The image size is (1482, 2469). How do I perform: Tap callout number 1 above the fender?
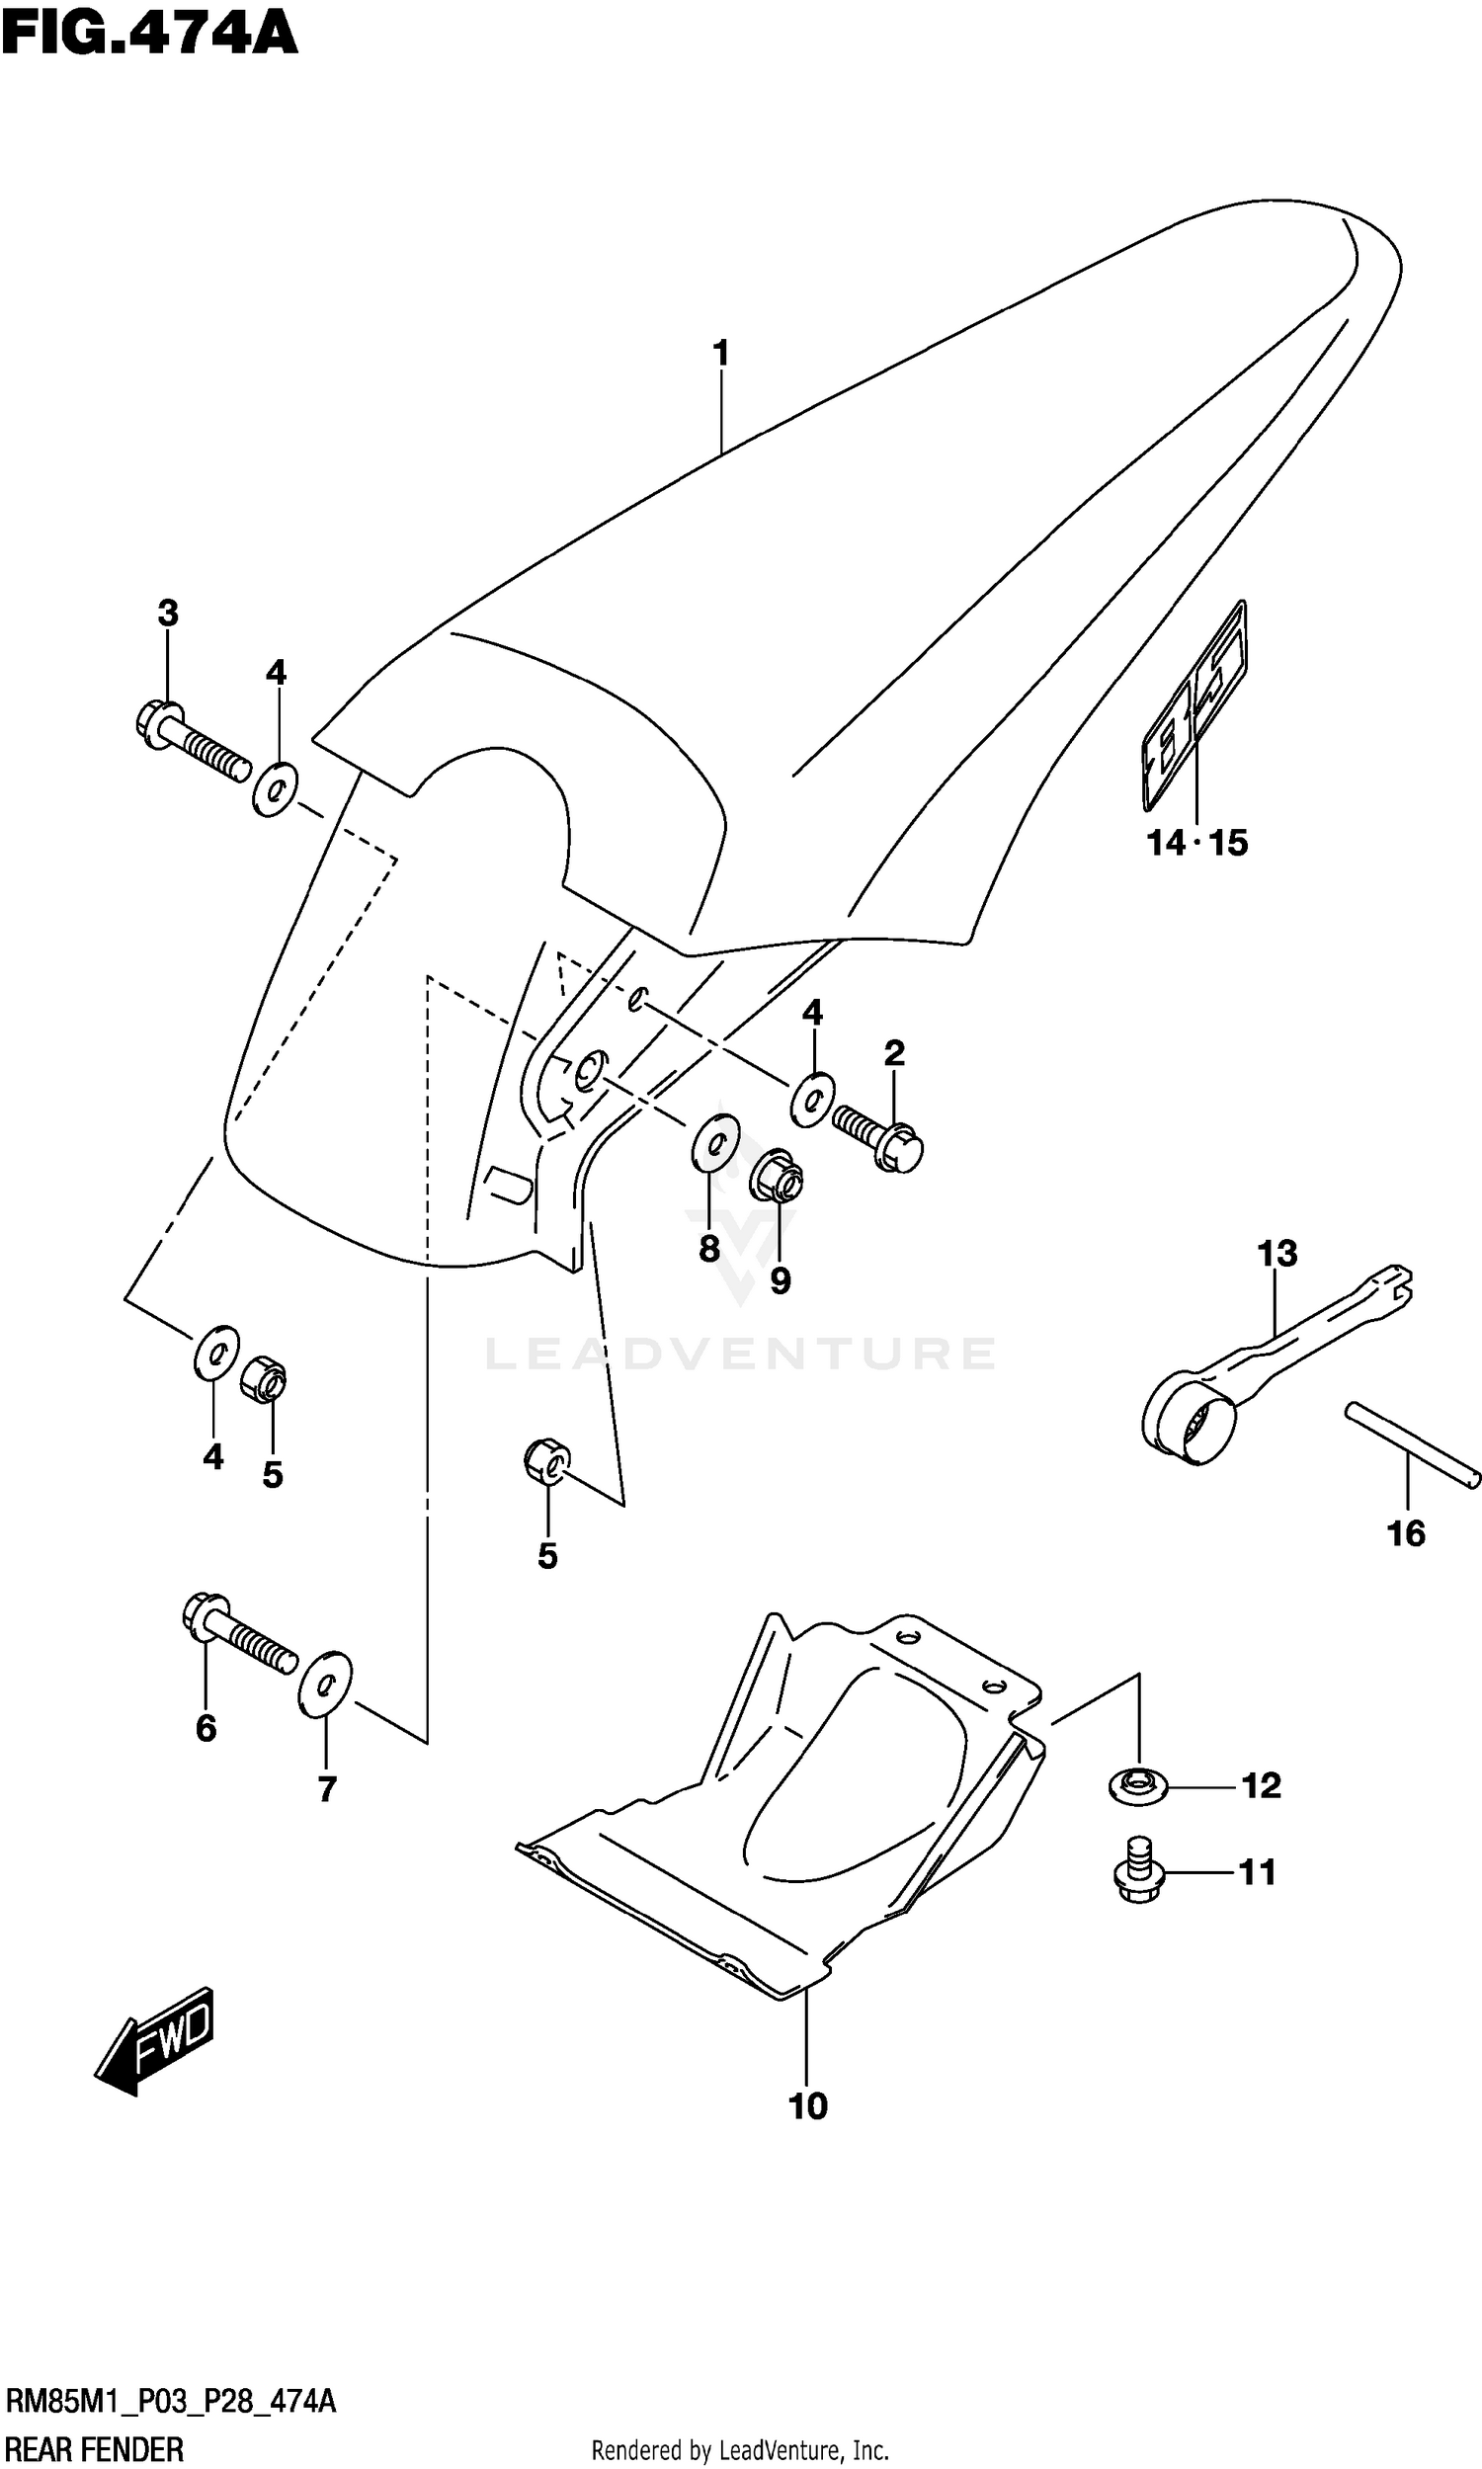(x=720, y=354)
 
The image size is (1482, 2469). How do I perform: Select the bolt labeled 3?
(x=190, y=742)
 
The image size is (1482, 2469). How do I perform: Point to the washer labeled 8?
(x=715, y=1142)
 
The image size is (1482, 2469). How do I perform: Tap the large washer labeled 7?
(x=326, y=1685)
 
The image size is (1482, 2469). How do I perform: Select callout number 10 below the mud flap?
(x=807, y=2105)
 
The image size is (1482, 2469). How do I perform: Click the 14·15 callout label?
(x=1196, y=844)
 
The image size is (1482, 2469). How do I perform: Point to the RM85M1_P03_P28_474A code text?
(x=170, y=2401)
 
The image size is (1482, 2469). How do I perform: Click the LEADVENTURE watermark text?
(x=740, y=1355)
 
